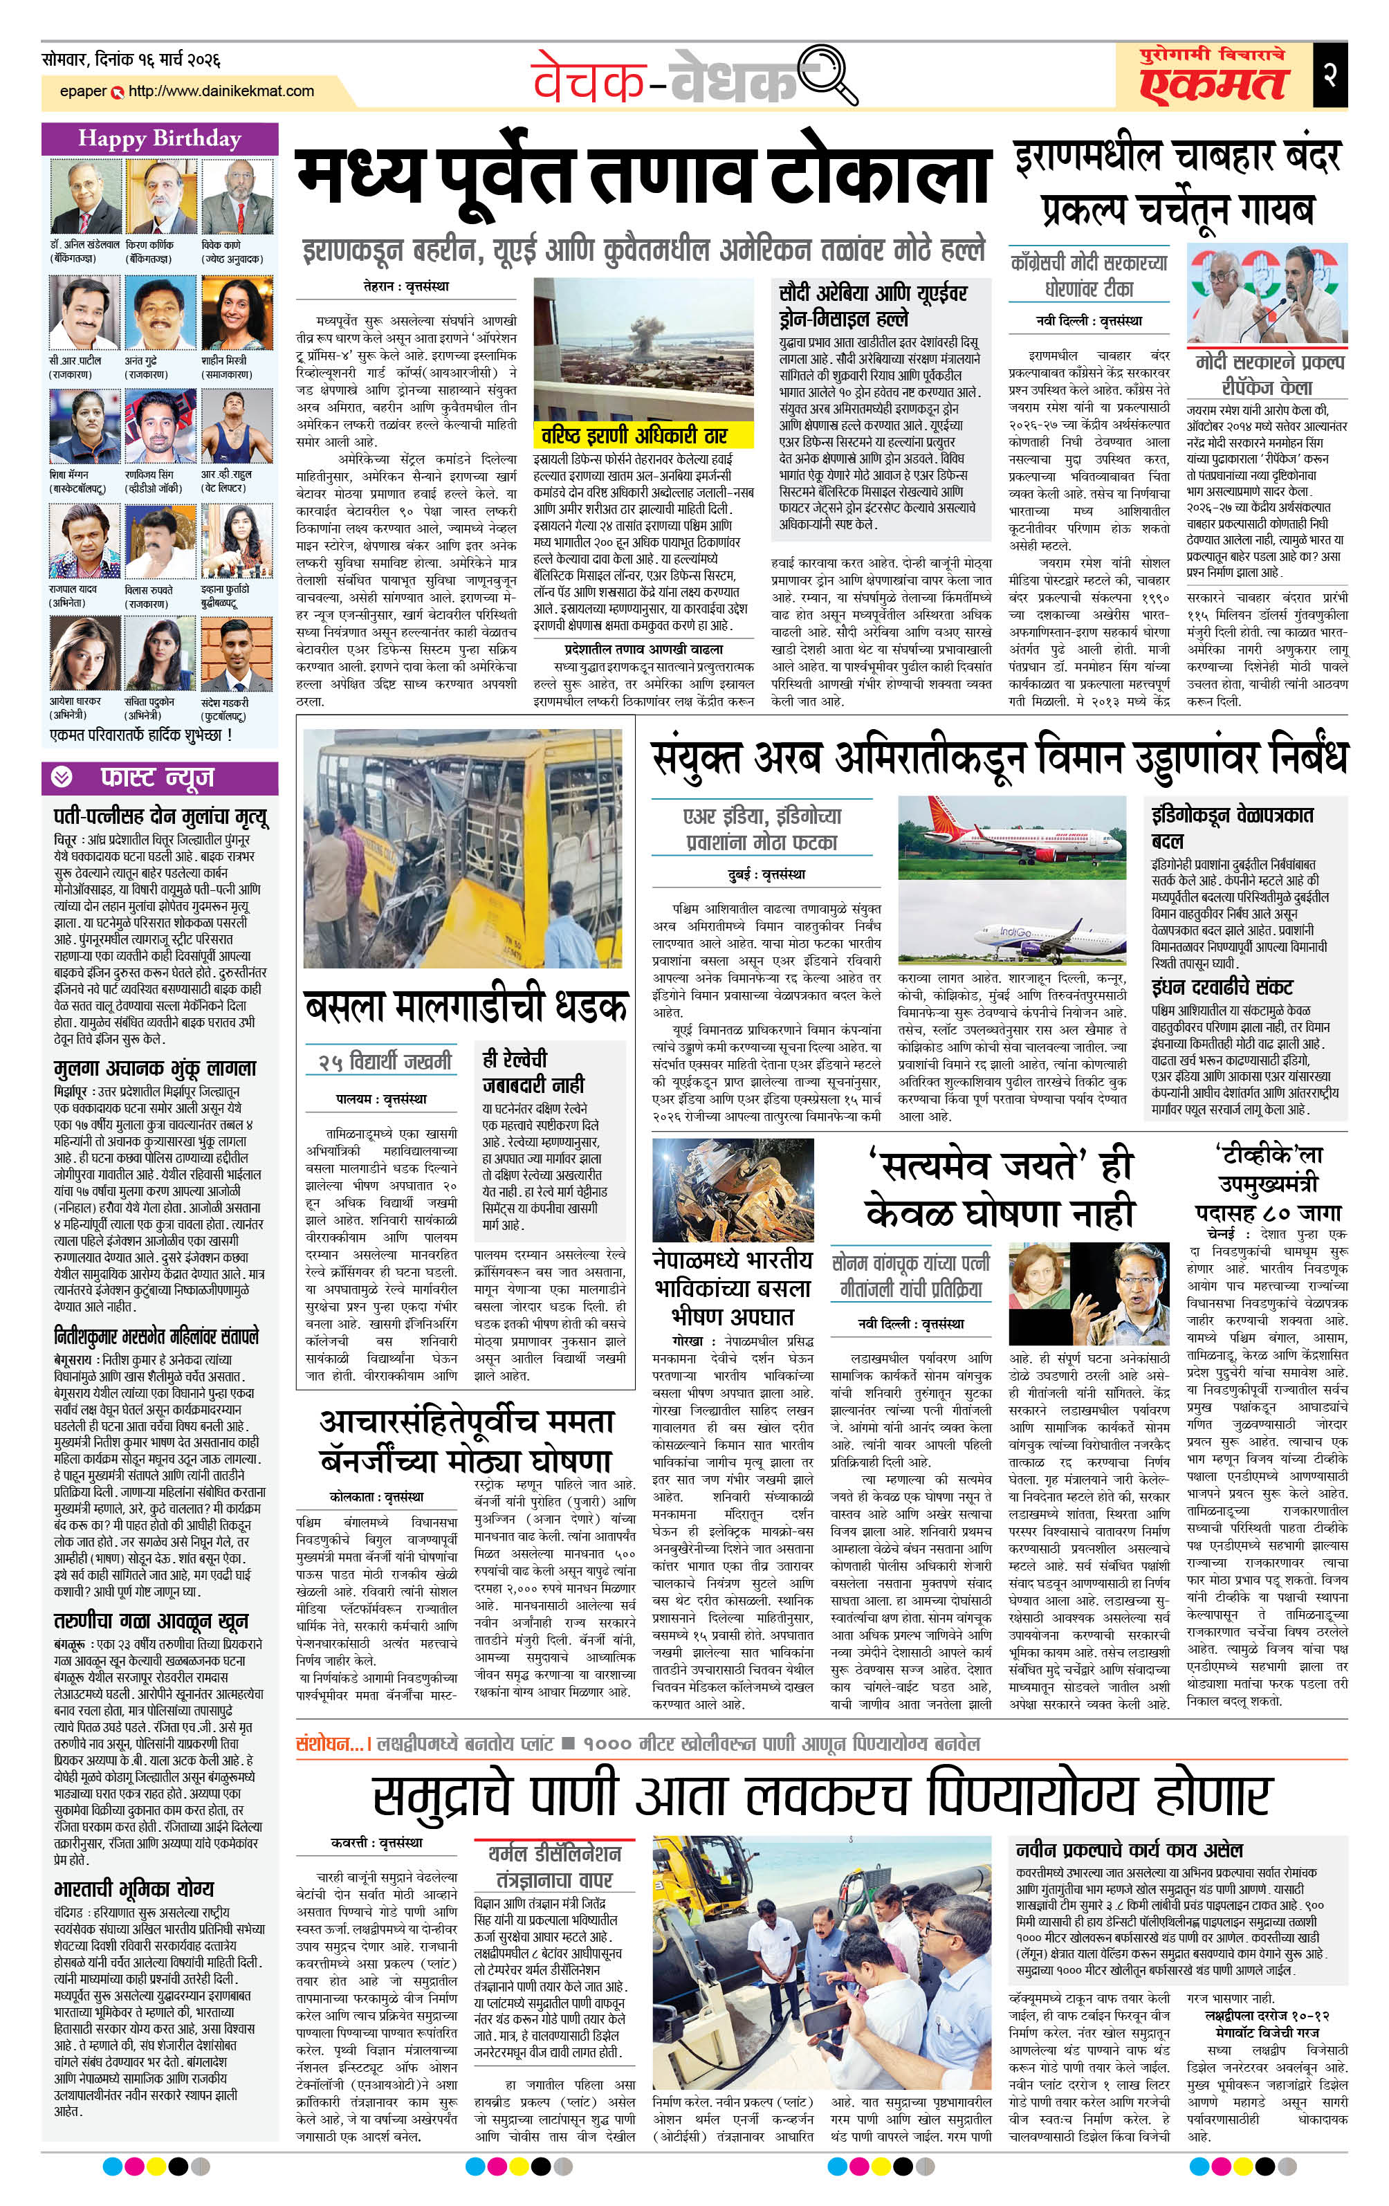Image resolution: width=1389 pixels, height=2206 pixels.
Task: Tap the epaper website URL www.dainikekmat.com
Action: pyautogui.click(x=221, y=91)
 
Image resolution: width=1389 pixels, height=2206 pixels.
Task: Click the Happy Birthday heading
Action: pyautogui.click(x=159, y=138)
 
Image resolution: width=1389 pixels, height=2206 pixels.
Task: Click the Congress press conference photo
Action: pyautogui.click(x=1267, y=293)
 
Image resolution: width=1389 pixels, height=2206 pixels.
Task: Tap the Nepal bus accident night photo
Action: pyautogui.click(x=732, y=1189)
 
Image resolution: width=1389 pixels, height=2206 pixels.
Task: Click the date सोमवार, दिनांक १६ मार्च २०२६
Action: pyautogui.click(x=131, y=60)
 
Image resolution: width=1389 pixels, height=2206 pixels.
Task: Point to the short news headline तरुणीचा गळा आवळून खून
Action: pyautogui.click(x=150, y=1621)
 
